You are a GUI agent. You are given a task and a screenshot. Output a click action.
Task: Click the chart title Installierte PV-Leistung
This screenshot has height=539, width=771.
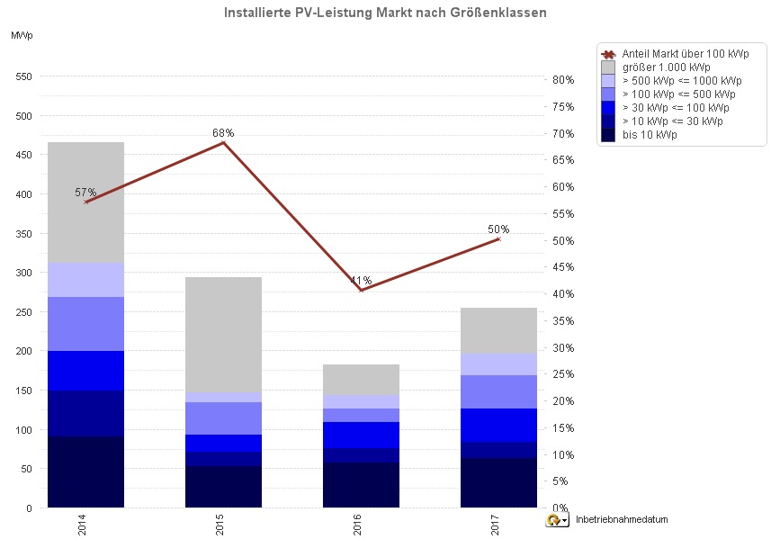[x=384, y=13]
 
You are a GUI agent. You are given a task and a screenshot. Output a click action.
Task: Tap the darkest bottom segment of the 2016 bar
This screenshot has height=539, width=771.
[x=361, y=485]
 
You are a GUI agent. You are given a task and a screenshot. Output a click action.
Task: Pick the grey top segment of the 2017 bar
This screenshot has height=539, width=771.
[x=498, y=330]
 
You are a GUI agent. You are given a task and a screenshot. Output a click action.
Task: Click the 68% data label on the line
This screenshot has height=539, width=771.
[x=223, y=133]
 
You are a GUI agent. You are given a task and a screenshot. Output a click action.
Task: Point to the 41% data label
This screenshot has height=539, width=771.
[x=362, y=281]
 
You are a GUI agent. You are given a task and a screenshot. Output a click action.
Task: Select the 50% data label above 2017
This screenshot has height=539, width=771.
[x=498, y=229]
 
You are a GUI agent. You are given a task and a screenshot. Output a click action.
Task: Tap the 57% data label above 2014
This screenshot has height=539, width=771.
[x=85, y=193]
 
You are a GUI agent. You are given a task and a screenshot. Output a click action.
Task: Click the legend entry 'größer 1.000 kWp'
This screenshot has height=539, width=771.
[x=666, y=67]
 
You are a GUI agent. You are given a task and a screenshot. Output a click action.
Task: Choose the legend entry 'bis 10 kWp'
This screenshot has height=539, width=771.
[x=650, y=134]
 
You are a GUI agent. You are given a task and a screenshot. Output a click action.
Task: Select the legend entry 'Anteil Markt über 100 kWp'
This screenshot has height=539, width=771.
[x=685, y=53]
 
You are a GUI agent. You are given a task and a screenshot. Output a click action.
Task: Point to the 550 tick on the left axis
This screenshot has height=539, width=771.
[x=23, y=76]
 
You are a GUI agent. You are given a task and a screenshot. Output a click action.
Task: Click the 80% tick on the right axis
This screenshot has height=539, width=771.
[x=562, y=80]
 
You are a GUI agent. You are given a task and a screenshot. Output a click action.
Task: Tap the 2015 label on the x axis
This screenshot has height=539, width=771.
[x=221, y=525]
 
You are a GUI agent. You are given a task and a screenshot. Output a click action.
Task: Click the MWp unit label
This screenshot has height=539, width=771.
[x=22, y=35]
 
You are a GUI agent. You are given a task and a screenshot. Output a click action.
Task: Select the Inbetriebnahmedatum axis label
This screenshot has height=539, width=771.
[x=621, y=520]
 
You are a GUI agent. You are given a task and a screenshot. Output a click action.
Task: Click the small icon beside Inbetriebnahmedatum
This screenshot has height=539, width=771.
[x=558, y=520]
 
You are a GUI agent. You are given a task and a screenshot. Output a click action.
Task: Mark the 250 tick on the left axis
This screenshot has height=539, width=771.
[x=23, y=311]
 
